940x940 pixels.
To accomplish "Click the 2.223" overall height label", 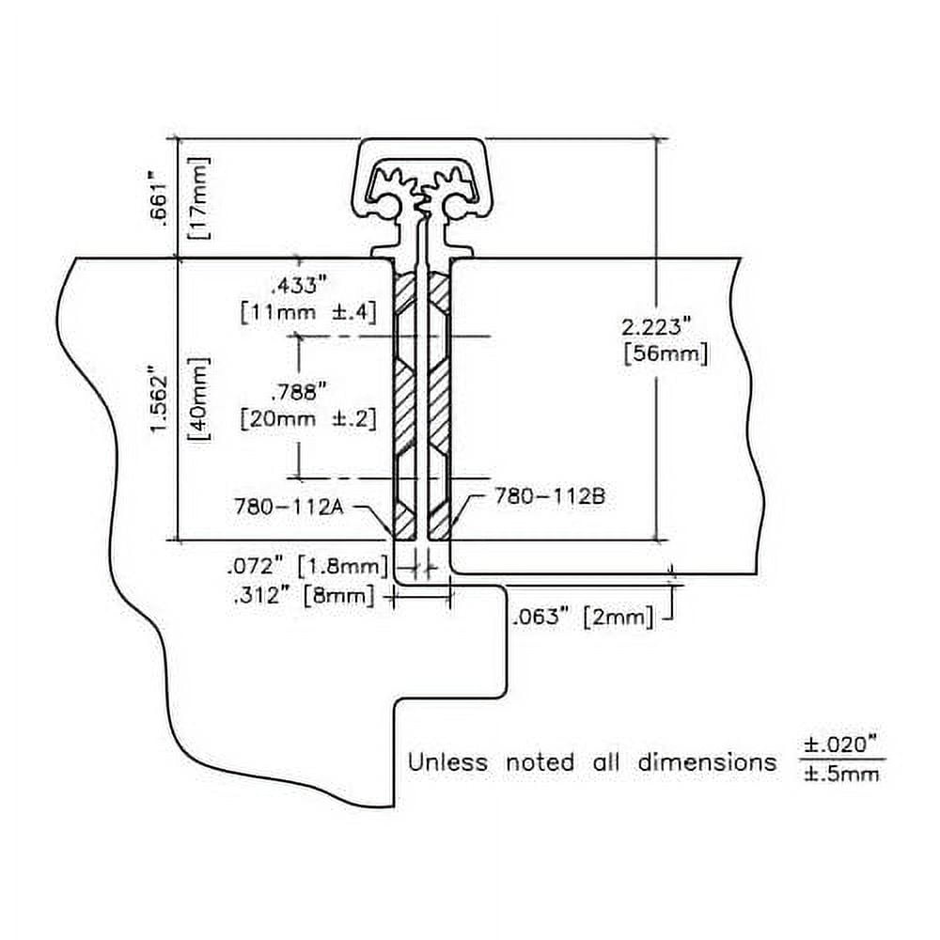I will tap(658, 326).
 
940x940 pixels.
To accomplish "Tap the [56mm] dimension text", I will tap(665, 354).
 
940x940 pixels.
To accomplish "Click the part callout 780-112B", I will tap(549, 496).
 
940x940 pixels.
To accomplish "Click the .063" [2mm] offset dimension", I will tap(582, 618).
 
